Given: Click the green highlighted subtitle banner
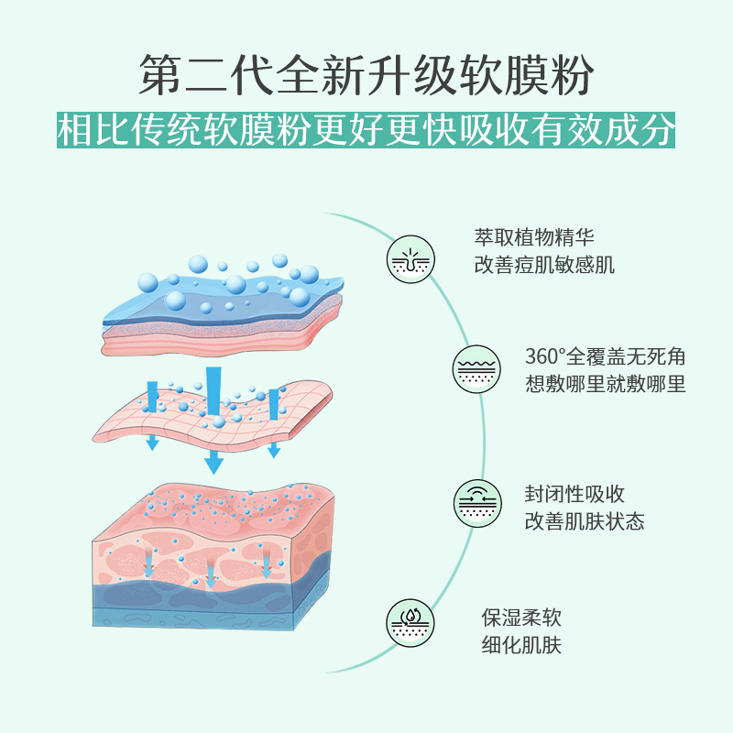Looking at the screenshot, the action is tap(366, 129).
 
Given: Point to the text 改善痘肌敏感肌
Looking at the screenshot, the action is tap(544, 266).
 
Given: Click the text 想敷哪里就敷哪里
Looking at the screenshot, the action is tap(605, 383).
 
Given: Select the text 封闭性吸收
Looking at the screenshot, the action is tap(574, 495).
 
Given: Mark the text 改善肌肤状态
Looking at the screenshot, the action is tap(585, 521).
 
